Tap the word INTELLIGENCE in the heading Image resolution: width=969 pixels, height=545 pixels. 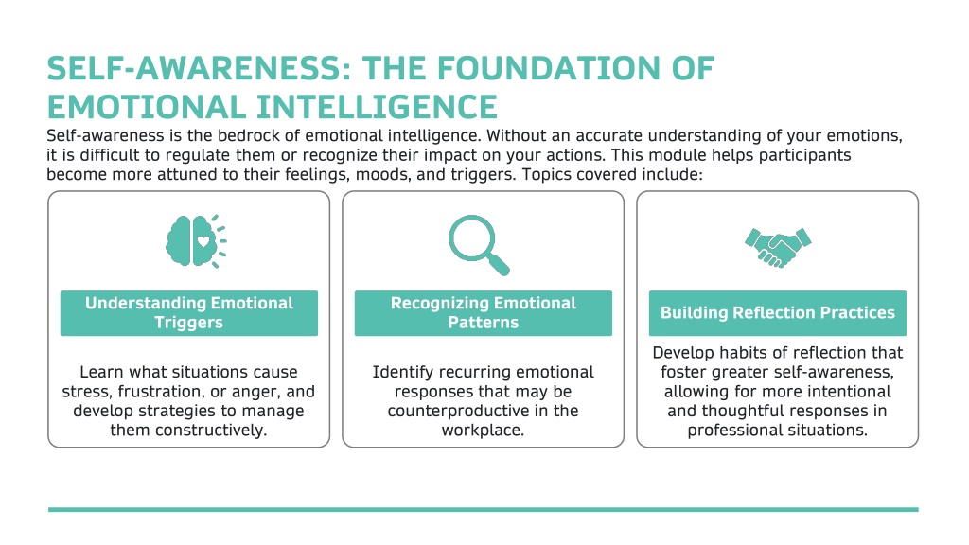click(x=377, y=107)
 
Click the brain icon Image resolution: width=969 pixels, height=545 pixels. click(x=196, y=241)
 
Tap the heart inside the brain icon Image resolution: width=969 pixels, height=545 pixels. click(x=203, y=241)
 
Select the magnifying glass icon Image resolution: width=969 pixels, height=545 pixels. click(x=479, y=245)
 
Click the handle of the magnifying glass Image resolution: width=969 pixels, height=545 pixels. click(x=499, y=265)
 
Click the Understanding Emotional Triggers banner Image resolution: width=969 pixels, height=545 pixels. click(x=189, y=313)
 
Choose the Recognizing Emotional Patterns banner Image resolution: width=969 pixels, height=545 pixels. click(x=484, y=313)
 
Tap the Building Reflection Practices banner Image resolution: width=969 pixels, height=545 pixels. click(x=778, y=313)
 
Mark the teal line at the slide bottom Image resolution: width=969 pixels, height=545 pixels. click(x=484, y=510)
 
